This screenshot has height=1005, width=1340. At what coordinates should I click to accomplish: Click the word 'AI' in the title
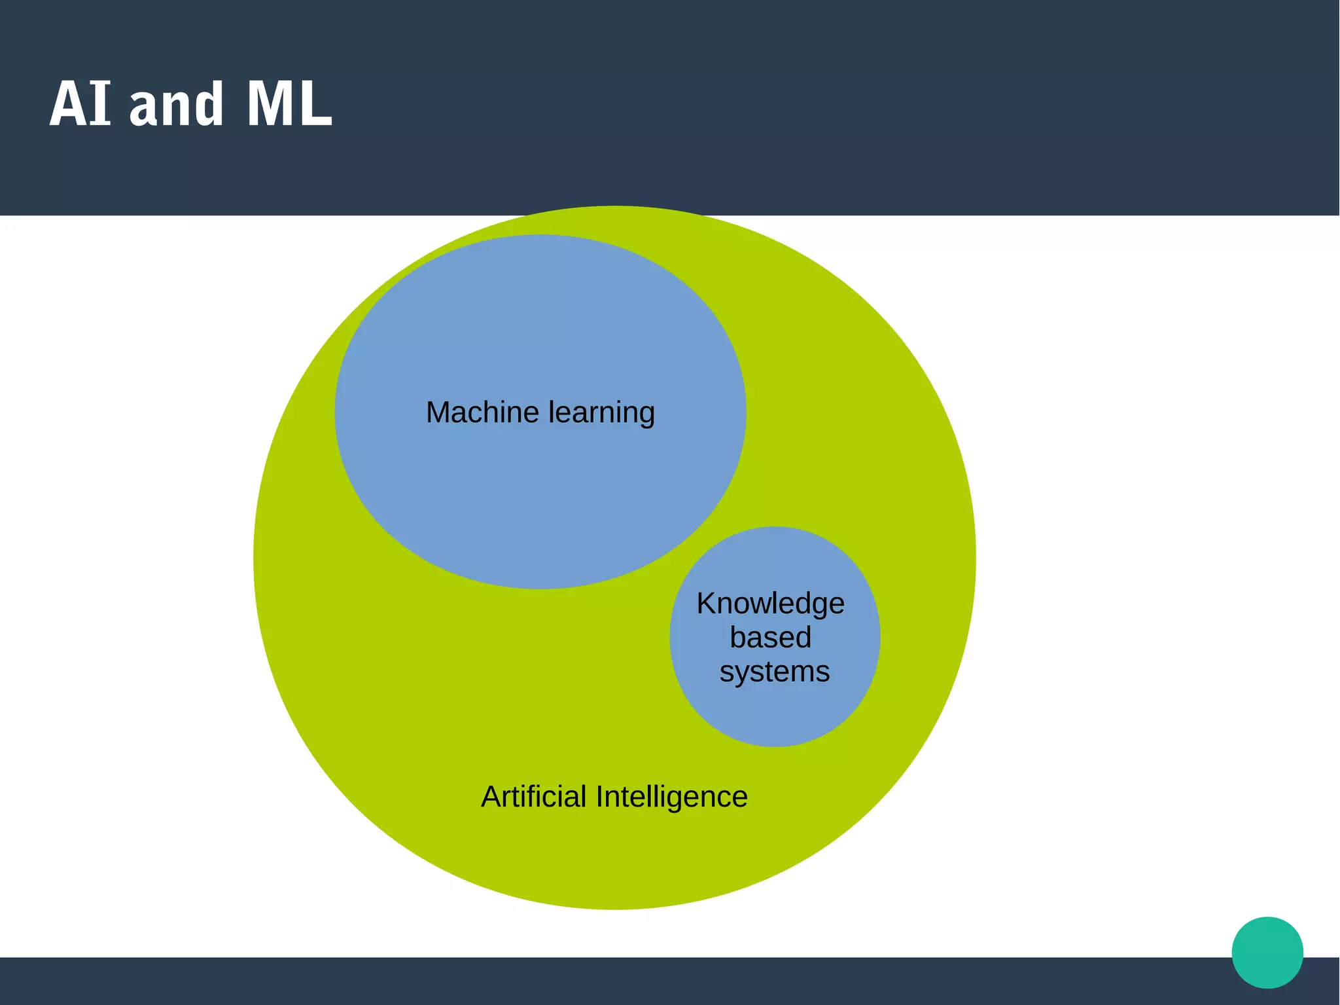pyautogui.click(x=80, y=104)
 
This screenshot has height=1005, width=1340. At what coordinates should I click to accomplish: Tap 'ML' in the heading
pyautogui.click(x=289, y=104)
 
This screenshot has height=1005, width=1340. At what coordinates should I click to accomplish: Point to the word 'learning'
pyautogui.click(x=601, y=413)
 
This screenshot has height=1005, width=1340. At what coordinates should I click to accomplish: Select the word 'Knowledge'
pyautogui.click(x=770, y=604)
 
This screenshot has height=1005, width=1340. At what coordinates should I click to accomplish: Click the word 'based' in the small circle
pyautogui.click(x=770, y=638)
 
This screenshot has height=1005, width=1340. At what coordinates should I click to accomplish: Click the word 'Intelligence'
pyautogui.click(x=671, y=797)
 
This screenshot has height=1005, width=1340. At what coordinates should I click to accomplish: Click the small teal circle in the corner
pyautogui.click(x=1267, y=952)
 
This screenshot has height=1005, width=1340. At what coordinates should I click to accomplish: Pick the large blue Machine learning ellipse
pyautogui.click(x=540, y=498)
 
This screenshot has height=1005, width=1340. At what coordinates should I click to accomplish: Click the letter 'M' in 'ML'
pyautogui.click(x=267, y=104)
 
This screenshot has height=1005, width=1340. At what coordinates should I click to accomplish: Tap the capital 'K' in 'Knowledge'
pyautogui.click(x=706, y=604)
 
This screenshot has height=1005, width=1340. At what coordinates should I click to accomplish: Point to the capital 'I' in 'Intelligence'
pyautogui.click(x=599, y=797)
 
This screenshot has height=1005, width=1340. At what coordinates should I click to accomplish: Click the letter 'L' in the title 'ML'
pyautogui.click(x=317, y=104)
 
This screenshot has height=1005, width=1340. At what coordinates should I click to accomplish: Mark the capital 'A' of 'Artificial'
pyautogui.click(x=491, y=797)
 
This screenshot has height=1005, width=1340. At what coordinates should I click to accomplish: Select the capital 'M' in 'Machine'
pyautogui.click(x=438, y=413)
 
